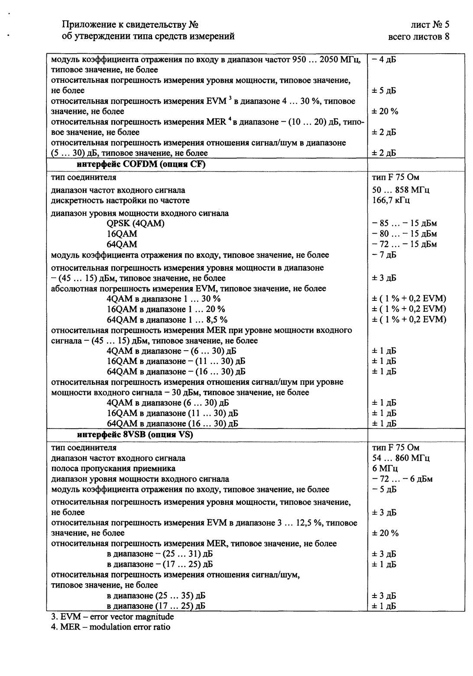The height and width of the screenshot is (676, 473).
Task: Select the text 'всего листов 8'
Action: coord(419,36)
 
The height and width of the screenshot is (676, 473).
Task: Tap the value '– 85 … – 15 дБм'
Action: coord(404,223)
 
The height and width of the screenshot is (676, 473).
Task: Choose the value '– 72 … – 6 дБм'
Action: coord(402,479)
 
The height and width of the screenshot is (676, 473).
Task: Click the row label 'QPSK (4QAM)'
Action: coord(136,223)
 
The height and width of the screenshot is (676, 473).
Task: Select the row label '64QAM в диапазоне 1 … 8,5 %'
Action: coord(167,320)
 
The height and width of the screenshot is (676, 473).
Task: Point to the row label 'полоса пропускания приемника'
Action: coord(113,468)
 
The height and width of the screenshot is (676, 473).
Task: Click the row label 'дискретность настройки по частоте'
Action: coord(120,201)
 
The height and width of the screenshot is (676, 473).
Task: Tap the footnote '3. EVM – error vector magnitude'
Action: coord(113,617)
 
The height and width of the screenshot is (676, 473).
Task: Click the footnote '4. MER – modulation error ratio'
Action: coord(111,627)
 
